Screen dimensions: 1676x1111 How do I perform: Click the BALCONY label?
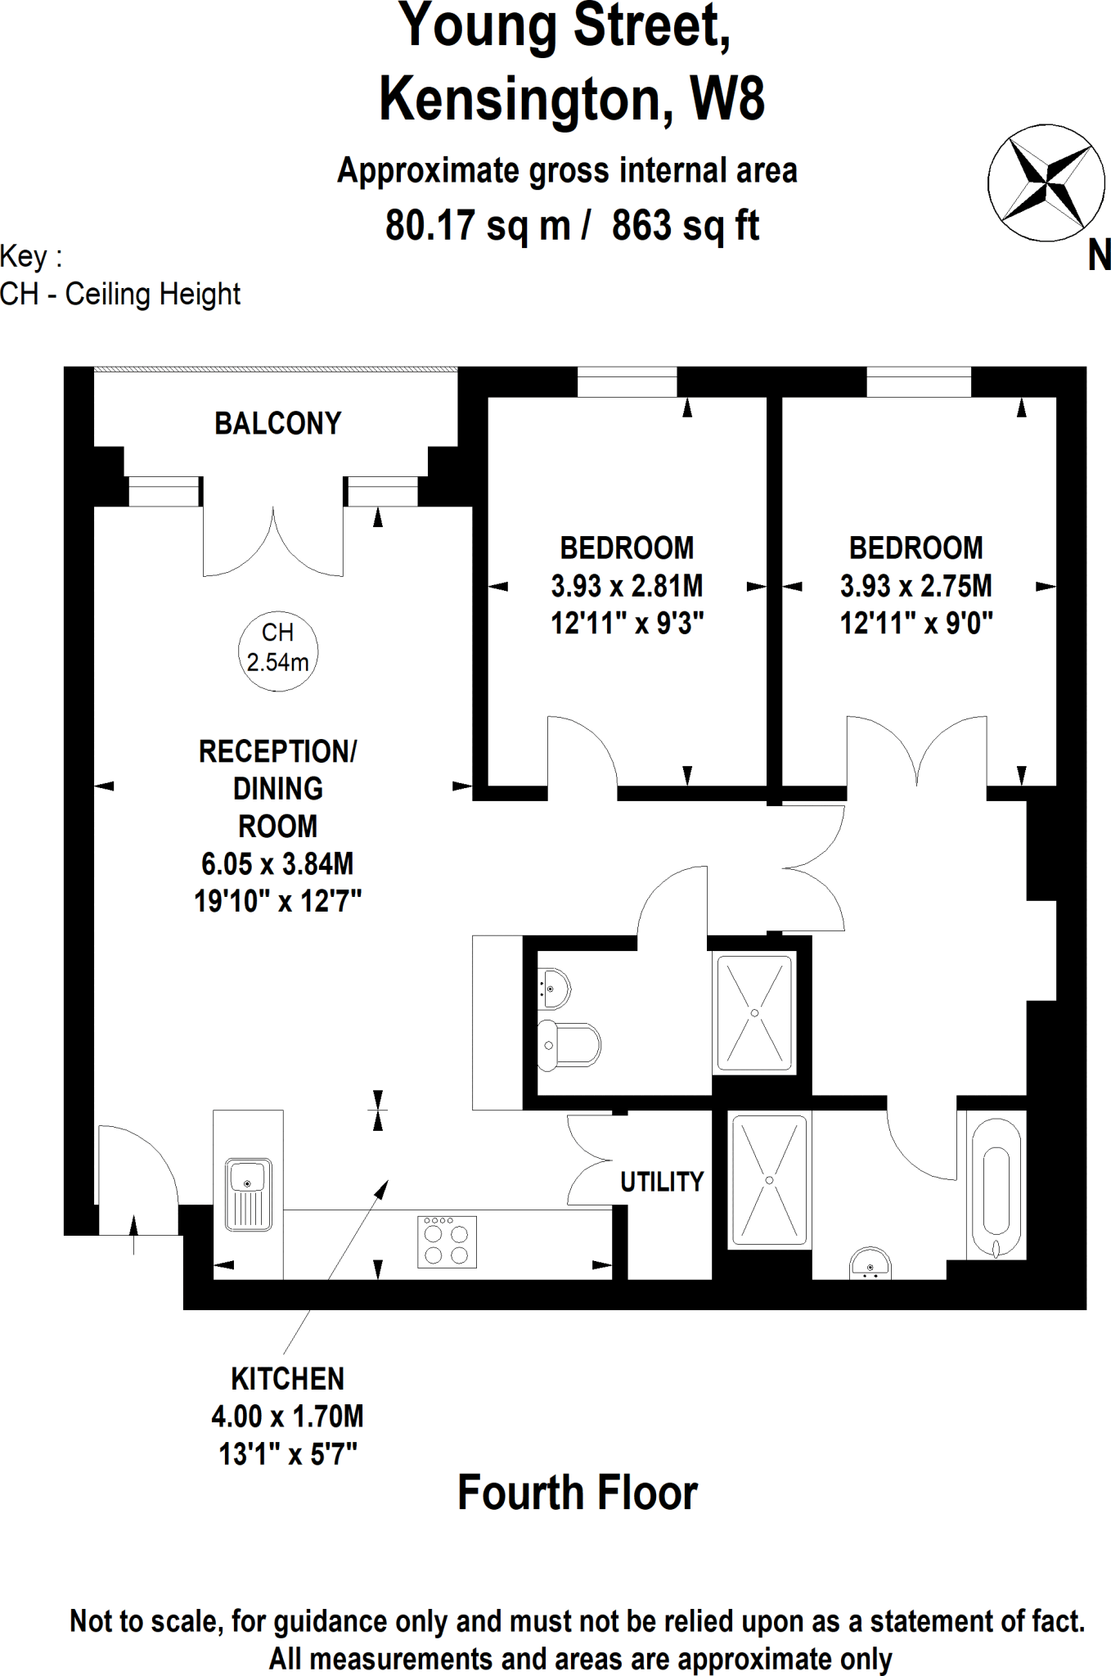coord(277,423)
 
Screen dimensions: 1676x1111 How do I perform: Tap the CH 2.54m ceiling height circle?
coord(277,651)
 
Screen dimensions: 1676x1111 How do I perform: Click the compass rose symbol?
coord(1046,182)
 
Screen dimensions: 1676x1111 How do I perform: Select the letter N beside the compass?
coord(1099,256)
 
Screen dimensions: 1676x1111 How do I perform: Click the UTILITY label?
coord(661,1182)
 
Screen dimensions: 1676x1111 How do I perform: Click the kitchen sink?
coord(248,1194)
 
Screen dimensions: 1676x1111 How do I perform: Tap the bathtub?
coord(996,1185)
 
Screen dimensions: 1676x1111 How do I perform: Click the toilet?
coord(568,1045)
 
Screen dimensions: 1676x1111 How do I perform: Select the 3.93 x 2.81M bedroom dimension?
coord(627,586)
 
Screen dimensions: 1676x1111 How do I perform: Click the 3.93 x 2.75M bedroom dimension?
coord(915,586)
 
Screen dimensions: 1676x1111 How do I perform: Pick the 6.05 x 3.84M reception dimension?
coord(277,863)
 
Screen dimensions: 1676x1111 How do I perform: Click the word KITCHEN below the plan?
coord(287,1379)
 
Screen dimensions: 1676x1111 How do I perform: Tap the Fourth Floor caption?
coord(577,1493)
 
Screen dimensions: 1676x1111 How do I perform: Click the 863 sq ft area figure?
coord(686,225)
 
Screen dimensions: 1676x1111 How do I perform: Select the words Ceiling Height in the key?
coord(152,294)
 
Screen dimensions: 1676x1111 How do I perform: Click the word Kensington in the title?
coord(520,99)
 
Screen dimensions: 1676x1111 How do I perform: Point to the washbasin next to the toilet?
coord(554,988)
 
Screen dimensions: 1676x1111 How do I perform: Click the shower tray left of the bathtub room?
coord(769,1180)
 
